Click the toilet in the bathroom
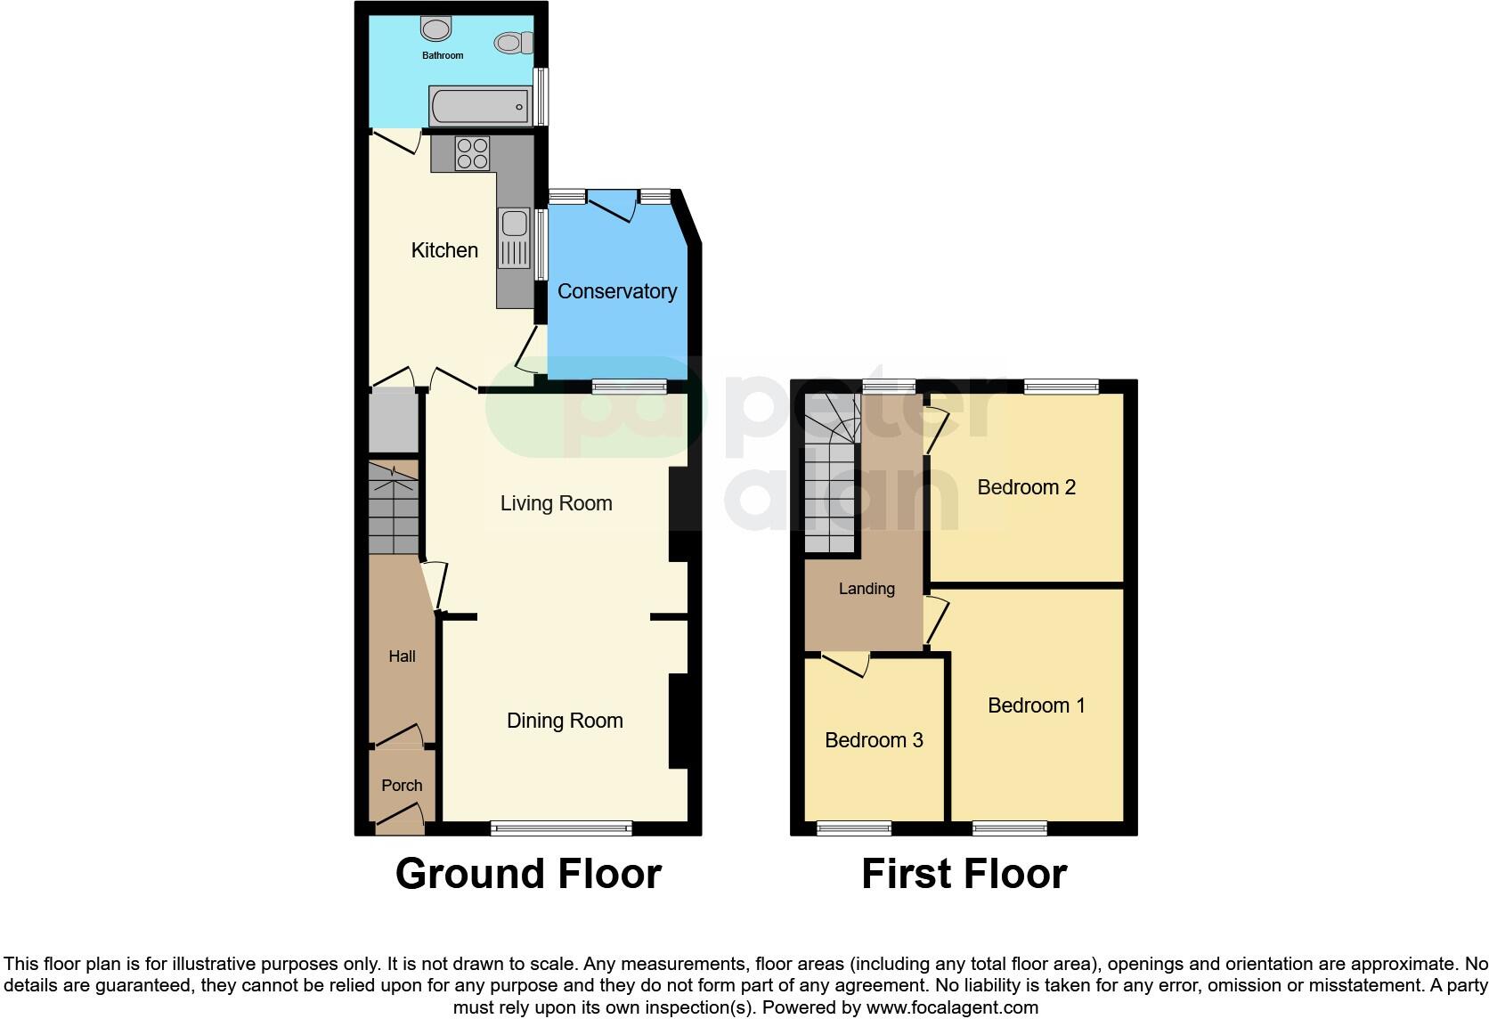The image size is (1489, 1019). pos(514,42)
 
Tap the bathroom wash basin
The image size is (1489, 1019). pos(436,29)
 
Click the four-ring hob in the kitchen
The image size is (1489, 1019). pos(472,153)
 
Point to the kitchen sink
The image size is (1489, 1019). pos(514,238)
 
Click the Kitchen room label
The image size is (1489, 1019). pos(444,250)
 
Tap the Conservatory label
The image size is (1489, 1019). pos(616,291)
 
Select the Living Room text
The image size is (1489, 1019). pos(556,503)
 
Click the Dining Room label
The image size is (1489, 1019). pos(565,721)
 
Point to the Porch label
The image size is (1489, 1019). pos(402,786)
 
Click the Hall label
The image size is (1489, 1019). pos(402,656)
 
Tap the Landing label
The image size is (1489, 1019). pos(867,589)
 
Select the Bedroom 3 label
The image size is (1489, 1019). pos(874,740)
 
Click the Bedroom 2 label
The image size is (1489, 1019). pos(1026,487)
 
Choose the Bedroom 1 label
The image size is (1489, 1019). pos(1036,705)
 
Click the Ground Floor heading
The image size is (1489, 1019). pos(528,874)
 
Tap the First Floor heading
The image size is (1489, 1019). pos(964,874)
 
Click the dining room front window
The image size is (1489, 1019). pos(561,828)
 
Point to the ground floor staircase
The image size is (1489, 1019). pos(393,509)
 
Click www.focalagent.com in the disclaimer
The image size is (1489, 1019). pos(951,1008)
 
